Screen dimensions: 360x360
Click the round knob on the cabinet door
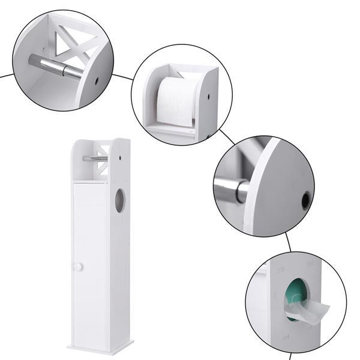[79, 267]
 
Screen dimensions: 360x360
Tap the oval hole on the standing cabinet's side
[120, 200]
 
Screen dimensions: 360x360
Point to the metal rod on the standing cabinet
[95, 158]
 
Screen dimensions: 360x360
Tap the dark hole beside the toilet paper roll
[207, 96]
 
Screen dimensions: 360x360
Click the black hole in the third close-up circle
[306, 200]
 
